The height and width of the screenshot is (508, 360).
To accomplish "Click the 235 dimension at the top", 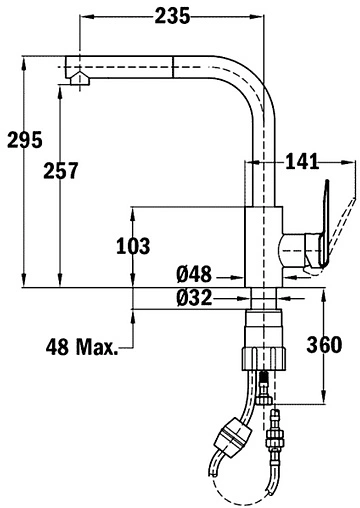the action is tap(172, 16).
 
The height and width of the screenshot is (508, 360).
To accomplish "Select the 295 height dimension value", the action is tap(25, 140).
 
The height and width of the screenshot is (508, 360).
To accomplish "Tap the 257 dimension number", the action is tap(61, 170).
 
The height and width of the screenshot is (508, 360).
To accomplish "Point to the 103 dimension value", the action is tap(133, 246).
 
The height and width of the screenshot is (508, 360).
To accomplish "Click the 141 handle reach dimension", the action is tap(302, 162).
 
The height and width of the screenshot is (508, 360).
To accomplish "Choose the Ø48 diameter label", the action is tap(194, 274).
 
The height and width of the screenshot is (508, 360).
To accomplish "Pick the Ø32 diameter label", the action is tap(194, 297).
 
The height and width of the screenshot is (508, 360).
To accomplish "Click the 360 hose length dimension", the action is tap(324, 344).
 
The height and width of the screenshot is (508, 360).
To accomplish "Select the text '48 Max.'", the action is tap(82, 347).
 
